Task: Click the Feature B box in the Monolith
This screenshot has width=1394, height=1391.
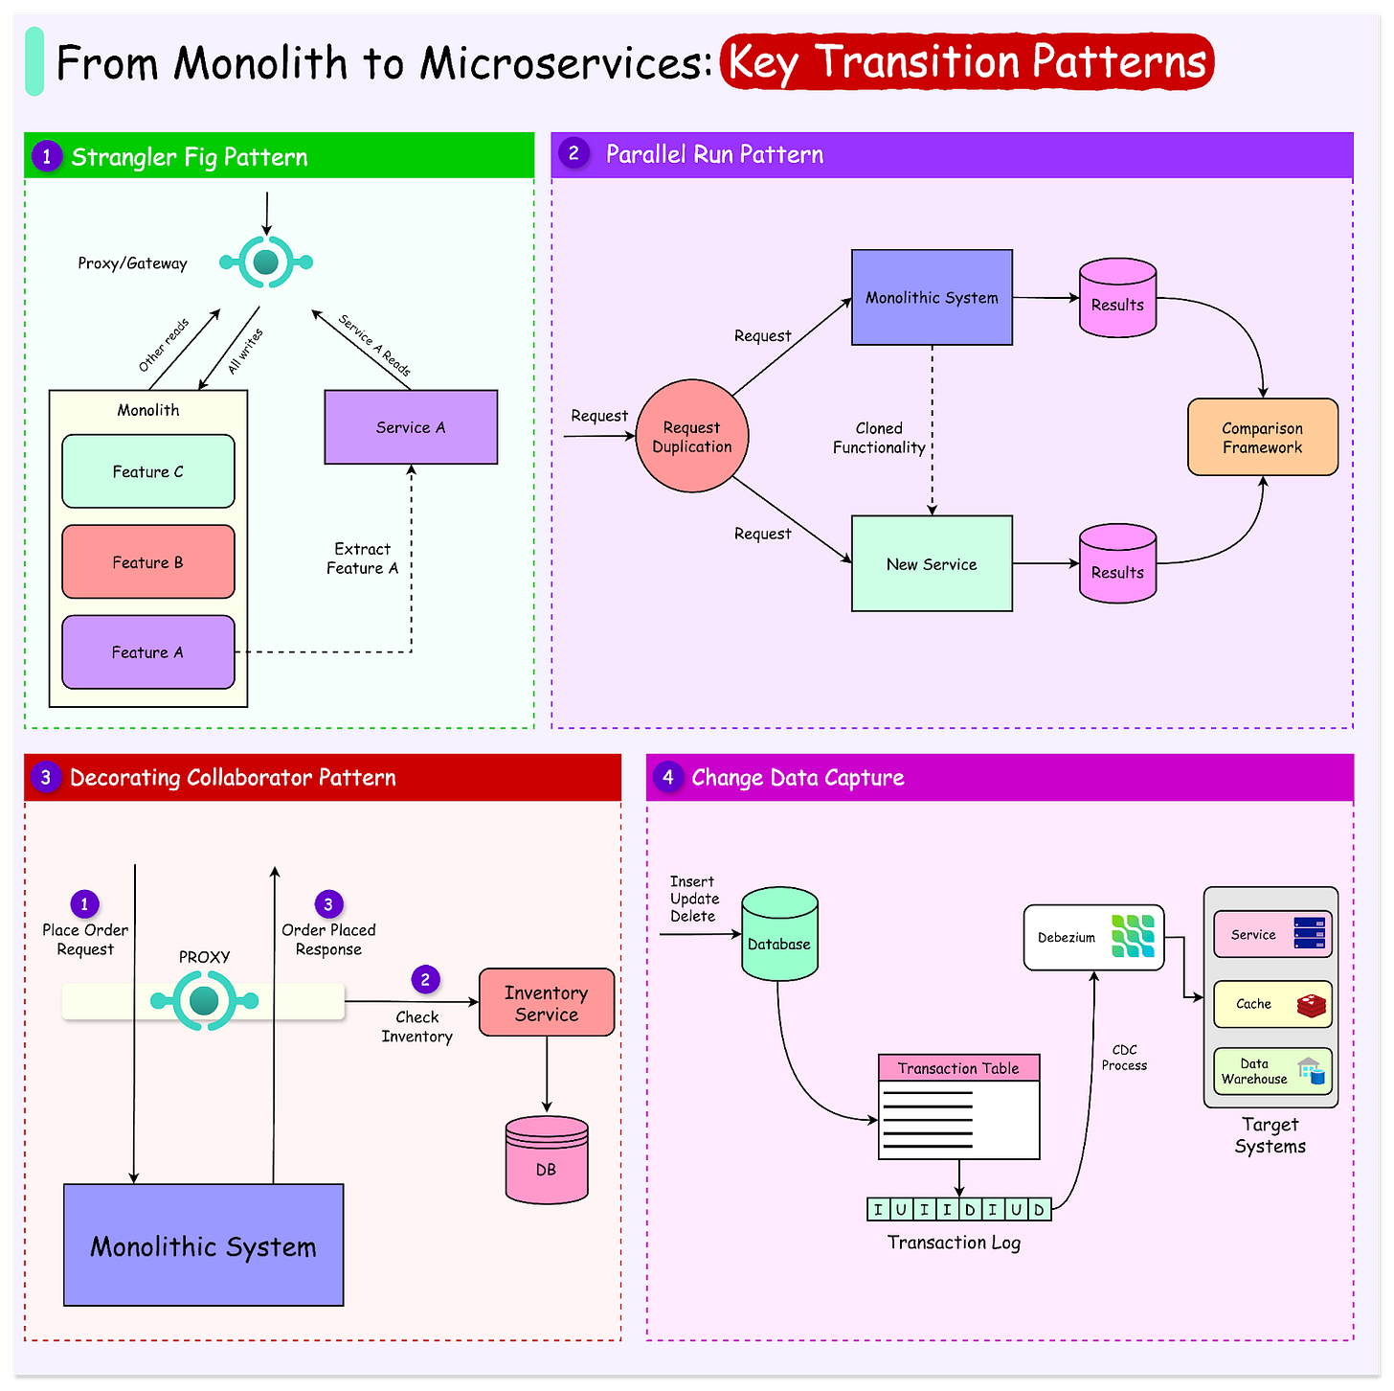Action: click(x=148, y=561)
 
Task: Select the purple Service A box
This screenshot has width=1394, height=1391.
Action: click(x=411, y=427)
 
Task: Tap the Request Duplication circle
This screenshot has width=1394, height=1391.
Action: click(x=691, y=437)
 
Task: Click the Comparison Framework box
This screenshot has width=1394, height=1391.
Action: click(x=1262, y=438)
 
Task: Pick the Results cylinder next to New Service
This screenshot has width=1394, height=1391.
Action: click(x=1117, y=564)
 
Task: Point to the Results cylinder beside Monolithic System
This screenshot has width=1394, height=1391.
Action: click(x=1117, y=298)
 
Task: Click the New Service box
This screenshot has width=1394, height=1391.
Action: click(x=932, y=564)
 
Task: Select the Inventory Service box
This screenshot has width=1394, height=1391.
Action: click(x=546, y=1003)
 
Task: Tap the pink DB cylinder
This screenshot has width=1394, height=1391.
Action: click(x=546, y=1160)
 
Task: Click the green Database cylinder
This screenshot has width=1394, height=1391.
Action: click(x=779, y=935)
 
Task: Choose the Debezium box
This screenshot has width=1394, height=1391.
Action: click(x=1093, y=938)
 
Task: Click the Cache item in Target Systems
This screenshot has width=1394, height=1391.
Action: click(x=1272, y=1004)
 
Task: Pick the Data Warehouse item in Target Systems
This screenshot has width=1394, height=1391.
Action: click(x=1272, y=1071)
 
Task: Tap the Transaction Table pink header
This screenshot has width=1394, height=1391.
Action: click(x=958, y=1068)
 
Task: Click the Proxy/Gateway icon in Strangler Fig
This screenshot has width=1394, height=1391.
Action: click(x=266, y=262)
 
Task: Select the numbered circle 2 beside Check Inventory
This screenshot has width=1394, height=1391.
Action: click(x=425, y=980)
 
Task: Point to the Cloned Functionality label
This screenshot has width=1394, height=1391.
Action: click(x=879, y=438)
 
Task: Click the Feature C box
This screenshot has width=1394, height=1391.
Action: click(x=148, y=471)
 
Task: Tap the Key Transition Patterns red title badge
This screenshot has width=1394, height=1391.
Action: click(x=967, y=62)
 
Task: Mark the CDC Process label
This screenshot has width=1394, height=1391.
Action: click(x=1124, y=1058)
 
